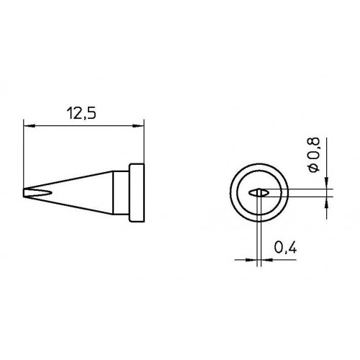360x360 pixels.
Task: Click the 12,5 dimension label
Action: point(81,114)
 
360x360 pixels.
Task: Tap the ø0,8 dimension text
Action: point(315,155)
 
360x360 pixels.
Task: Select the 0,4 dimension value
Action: point(286,248)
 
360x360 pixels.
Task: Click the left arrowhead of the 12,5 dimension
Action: point(30,126)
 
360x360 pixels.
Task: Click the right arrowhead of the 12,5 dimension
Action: point(138,126)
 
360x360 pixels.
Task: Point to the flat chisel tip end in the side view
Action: point(24,193)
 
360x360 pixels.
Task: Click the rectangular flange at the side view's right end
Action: point(137,193)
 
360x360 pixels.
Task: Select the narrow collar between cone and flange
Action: point(121,193)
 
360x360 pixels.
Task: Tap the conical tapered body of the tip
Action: point(72,193)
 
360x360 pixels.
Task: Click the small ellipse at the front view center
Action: point(258,193)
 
